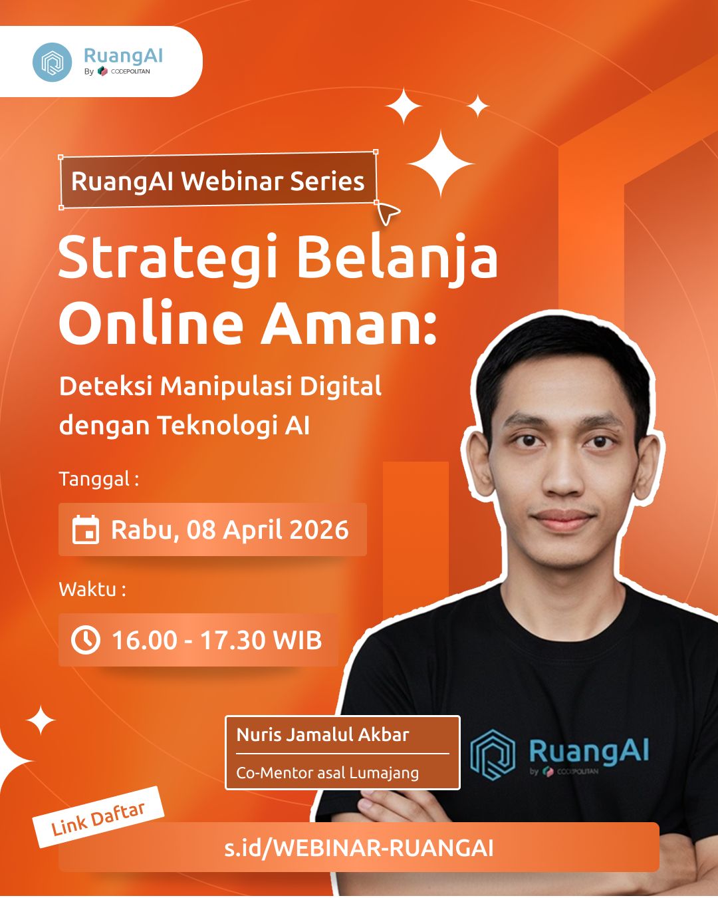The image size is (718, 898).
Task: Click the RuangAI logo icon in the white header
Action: click(52, 62)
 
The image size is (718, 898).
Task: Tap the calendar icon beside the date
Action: click(86, 530)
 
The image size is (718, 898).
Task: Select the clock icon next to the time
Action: click(86, 640)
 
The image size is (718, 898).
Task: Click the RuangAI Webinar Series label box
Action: click(218, 181)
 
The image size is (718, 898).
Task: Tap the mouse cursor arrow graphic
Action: click(388, 213)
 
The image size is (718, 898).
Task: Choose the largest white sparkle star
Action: click(441, 164)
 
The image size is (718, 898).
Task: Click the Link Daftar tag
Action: click(98, 818)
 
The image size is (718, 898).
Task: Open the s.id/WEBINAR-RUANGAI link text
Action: click(359, 848)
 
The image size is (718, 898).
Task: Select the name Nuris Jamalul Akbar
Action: click(323, 735)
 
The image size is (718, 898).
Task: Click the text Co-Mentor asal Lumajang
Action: click(328, 773)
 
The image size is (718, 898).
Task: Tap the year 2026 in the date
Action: click(320, 530)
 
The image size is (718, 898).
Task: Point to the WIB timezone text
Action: click(297, 640)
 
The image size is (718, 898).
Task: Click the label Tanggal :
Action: click(99, 479)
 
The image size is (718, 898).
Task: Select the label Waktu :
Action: click(92, 589)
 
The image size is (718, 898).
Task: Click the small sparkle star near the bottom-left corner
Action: click(41, 720)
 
